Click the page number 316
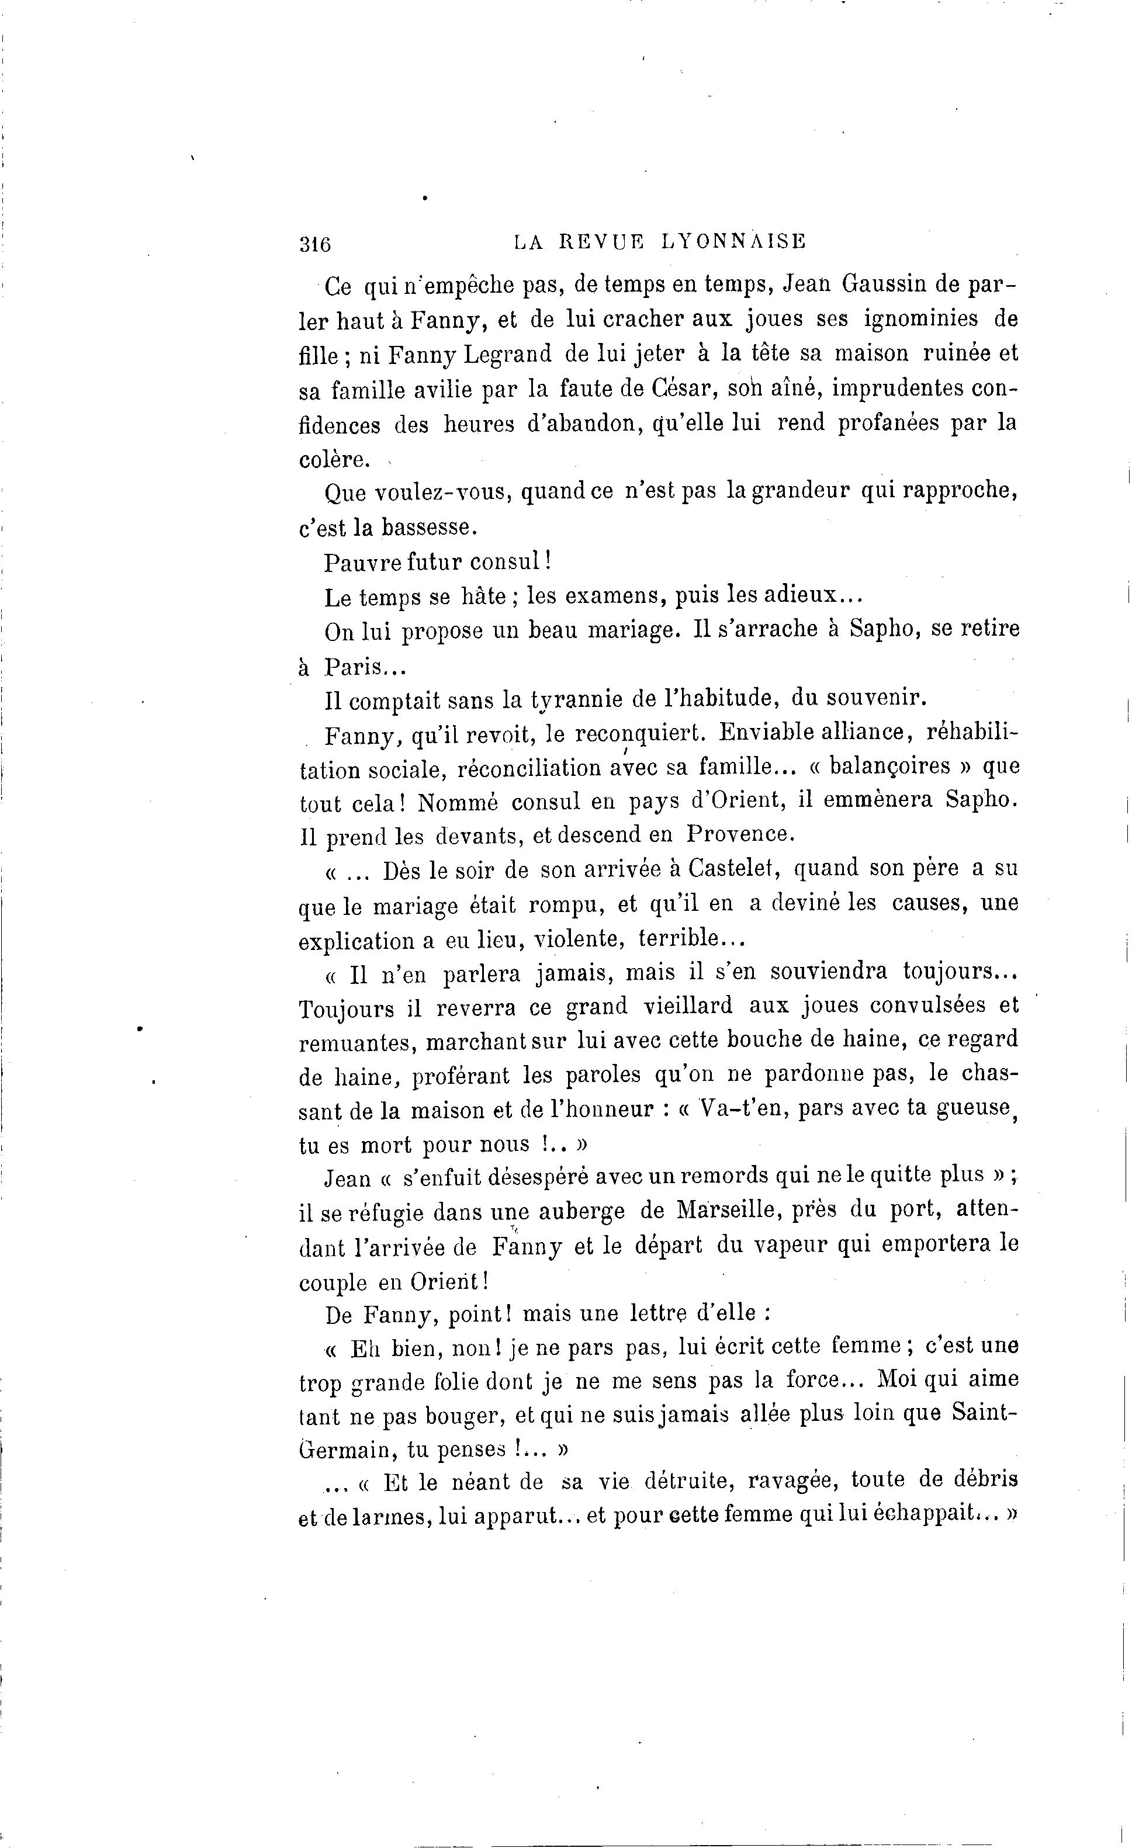(315, 244)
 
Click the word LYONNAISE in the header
(733, 241)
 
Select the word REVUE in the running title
(603, 241)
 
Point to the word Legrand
(508, 354)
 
